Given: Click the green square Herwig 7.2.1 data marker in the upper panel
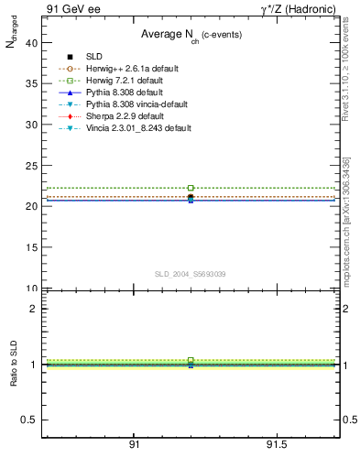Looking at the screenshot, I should click(191, 188).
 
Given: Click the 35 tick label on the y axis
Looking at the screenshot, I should click(33, 83).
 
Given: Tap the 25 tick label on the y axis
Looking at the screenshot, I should click(33, 166).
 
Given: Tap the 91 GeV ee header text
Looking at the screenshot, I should click(71, 9).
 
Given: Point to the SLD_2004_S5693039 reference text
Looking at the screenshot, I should click(191, 274).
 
